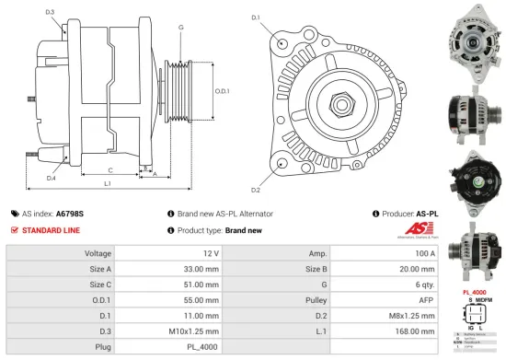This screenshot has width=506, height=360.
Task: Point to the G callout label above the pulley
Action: [x=180, y=28]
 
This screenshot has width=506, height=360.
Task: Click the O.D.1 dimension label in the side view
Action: [x=222, y=90]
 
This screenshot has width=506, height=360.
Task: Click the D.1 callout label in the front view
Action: [x=256, y=17]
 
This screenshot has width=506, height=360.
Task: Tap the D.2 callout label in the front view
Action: [x=256, y=190]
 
